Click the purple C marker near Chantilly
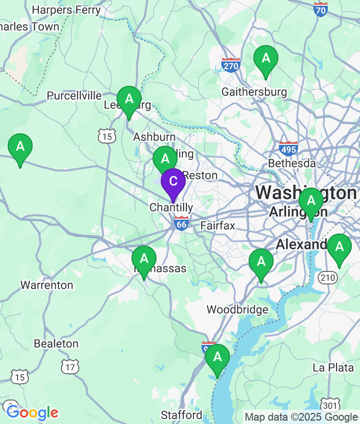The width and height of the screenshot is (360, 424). point(173,182)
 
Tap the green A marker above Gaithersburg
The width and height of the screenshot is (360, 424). point(265,59)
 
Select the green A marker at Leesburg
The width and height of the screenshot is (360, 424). point(129,100)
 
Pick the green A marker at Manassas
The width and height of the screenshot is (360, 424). point(144,259)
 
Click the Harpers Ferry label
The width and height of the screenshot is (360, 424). point(66,10)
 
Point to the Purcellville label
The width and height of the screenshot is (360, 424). point(74,96)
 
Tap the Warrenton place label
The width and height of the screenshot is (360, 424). point(47,285)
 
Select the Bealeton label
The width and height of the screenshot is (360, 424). point(56,344)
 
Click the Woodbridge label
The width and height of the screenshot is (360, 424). point(238,310)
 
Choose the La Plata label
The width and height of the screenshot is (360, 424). point(333,368)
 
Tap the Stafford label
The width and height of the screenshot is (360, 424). point(181,415)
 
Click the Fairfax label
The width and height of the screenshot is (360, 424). point(217,225)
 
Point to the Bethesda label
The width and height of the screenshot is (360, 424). point(292,164)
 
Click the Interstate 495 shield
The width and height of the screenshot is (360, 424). point(288,148)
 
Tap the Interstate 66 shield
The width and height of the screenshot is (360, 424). point(181,224)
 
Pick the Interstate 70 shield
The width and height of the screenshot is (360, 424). point(320,9)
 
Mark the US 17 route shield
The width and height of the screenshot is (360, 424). point(70,367)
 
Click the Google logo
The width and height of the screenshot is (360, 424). point(33,412)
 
